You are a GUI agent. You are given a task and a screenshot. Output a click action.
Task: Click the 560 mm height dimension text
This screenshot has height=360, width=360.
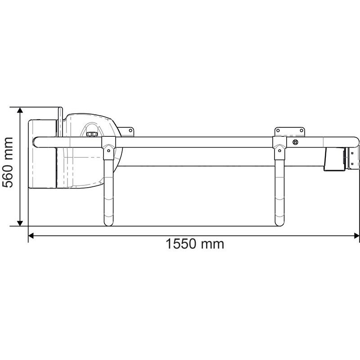click(x=10, y=166)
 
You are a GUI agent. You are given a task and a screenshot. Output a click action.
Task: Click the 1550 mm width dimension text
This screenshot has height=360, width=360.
click(x=194, y=244)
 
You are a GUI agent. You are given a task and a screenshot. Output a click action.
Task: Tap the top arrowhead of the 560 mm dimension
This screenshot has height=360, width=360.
click(x=20, y=111)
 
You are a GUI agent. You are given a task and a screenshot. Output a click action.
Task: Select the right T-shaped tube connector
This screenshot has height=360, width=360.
click(x=279, y=147)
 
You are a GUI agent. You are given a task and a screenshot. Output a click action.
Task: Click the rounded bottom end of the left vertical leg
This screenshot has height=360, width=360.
click(x=108, y=222)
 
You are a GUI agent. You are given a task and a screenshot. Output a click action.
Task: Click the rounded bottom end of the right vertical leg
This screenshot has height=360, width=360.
click(x=279, y=222)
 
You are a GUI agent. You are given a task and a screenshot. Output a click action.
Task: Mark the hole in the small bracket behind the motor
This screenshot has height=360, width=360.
click(x=130, y=130)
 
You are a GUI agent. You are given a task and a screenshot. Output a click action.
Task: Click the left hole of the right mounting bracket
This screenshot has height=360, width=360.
click(x=279, y=130)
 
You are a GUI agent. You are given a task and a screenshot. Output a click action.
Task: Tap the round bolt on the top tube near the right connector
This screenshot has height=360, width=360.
click(x=296, y=142)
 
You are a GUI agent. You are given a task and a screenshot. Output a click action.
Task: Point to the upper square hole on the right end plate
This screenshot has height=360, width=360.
click(x=352, y=153)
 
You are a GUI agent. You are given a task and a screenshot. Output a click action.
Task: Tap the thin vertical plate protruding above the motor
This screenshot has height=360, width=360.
click(x=60, y=121)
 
